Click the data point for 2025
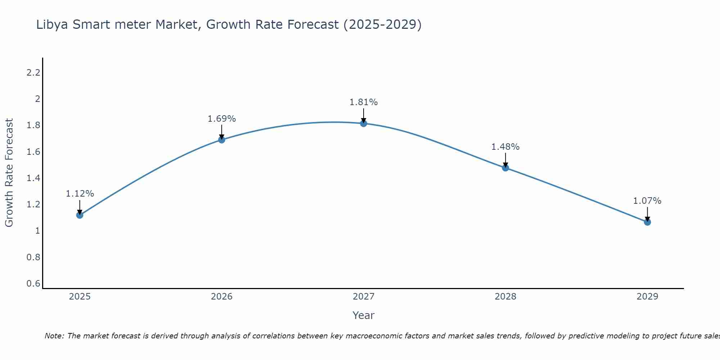[80, 215]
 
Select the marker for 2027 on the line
[364, 123]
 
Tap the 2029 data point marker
[647, 222]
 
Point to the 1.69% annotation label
[221, 119]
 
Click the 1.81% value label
[364, 102]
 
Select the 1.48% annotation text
[505, 147]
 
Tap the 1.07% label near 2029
[647, 201]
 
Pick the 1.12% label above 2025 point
[80, 194]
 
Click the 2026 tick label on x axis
[221, 297]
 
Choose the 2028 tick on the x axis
[505, 297]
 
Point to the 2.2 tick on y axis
[33, 73]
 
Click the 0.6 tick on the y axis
[33, 284]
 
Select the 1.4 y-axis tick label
[33, 178]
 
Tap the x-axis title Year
[363, 315]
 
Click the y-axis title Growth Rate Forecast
[9, 173]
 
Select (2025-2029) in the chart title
[382, 25]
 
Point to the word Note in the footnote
[54, 336]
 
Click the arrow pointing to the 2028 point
[505, 161]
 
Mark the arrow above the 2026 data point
[222, 132]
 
